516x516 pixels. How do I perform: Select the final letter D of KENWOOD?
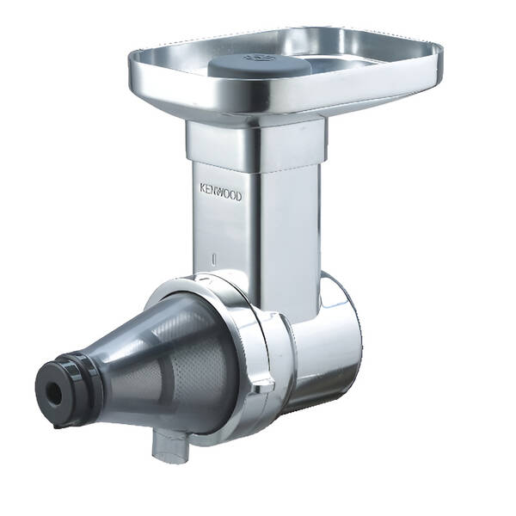(239, 197)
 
